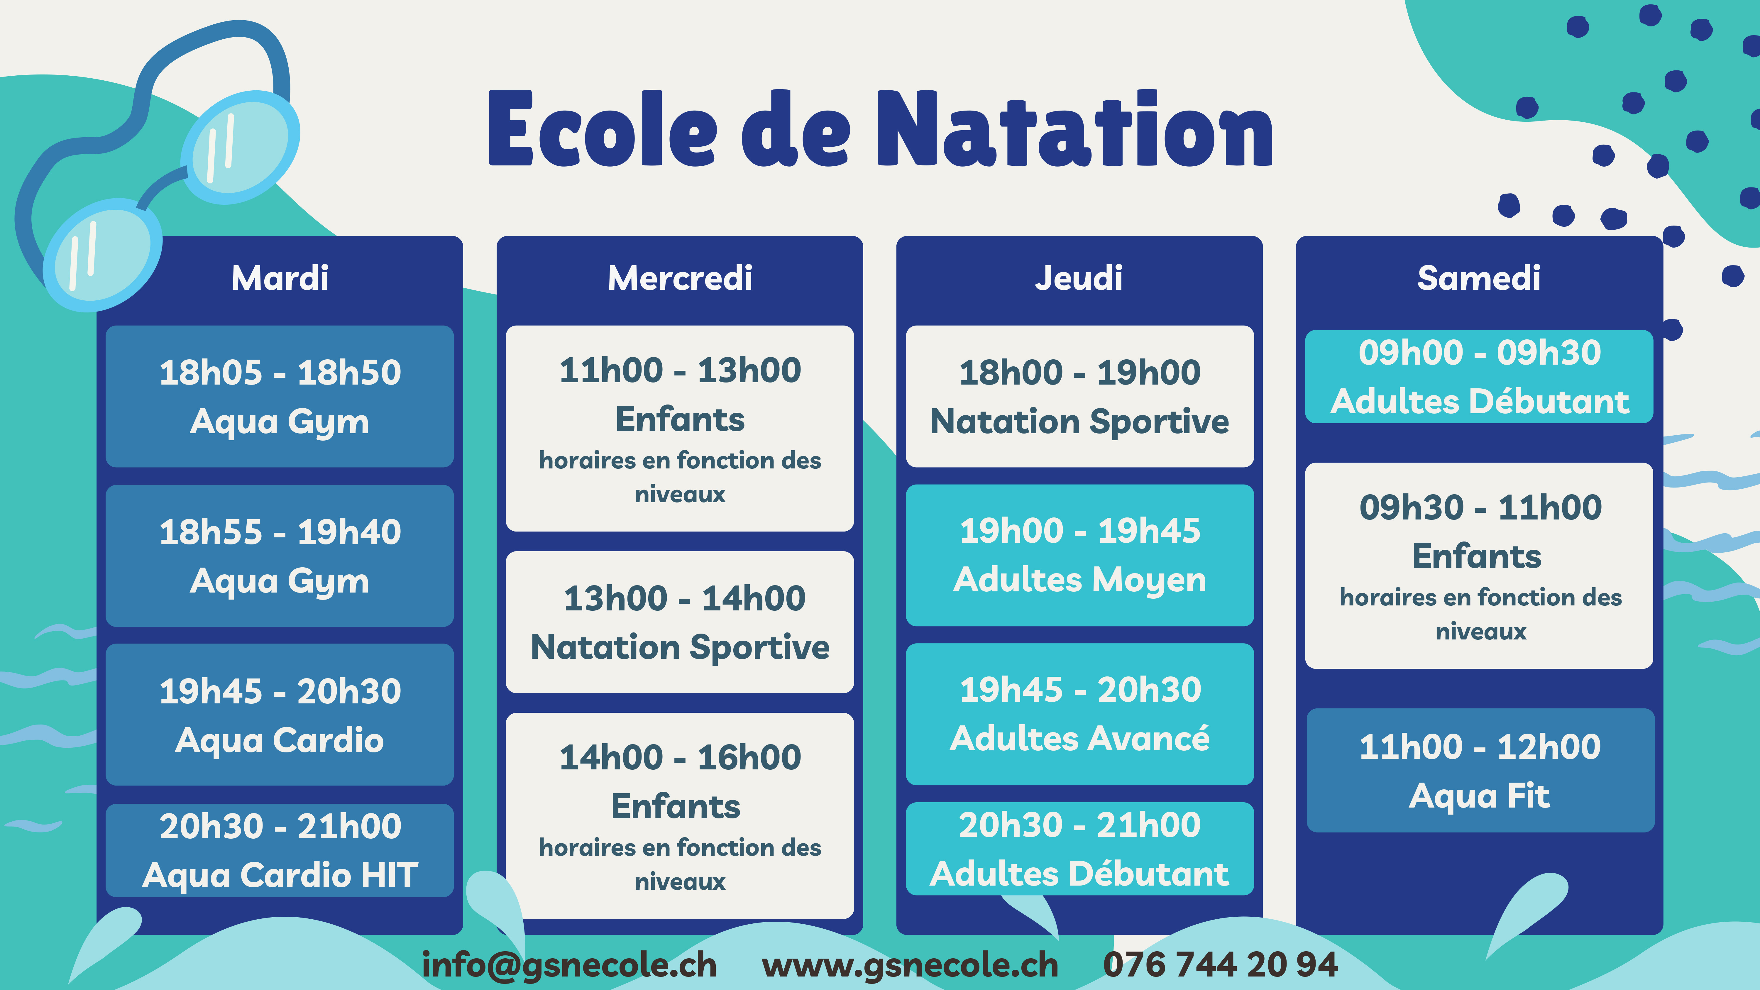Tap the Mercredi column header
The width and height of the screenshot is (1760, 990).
coord(680,278)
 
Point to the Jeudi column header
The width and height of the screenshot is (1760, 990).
coord(1079,278)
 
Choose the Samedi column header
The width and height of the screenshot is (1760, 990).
coord(1478,278)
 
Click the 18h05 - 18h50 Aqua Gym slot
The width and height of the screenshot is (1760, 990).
coord(280,396)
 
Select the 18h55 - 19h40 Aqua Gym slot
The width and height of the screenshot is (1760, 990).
coord(280,556)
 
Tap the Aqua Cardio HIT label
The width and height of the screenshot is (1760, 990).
coord(280,875)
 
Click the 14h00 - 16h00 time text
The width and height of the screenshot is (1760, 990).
coord(680,757)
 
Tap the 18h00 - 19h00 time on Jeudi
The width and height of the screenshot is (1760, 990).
coord(1079,372)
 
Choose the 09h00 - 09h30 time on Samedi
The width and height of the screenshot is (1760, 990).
coord(1480,353)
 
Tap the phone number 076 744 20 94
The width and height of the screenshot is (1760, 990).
coord(1220,965)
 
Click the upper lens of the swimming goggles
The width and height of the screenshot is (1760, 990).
coord(241,147)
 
